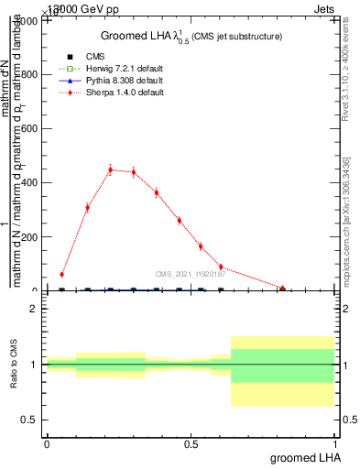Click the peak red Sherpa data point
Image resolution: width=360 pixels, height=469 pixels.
coord(110,169)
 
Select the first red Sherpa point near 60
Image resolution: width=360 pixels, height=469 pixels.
coord(61,274)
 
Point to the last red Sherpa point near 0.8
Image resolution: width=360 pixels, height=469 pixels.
coord(283,289)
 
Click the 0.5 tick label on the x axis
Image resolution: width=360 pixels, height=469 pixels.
coord(190,443)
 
